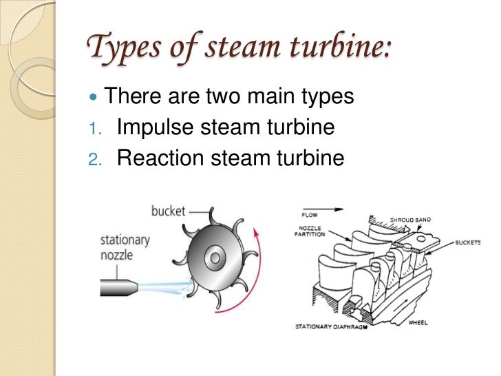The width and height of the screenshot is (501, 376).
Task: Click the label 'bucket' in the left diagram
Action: click(x=169, y=211)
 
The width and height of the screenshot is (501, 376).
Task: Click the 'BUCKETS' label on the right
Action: click(x=471, y=242)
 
